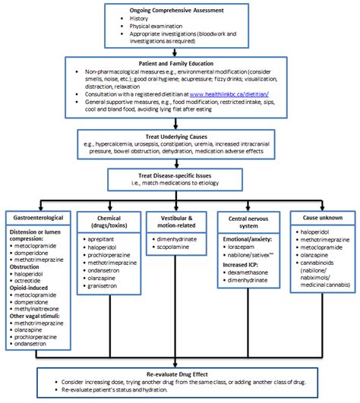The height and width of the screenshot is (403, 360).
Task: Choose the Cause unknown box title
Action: point(317,216)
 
